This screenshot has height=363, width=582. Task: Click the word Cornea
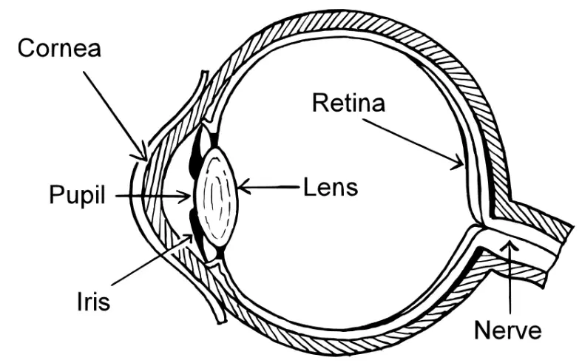click(x=59, y=48)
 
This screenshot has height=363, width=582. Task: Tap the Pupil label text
click(x=77, y=196)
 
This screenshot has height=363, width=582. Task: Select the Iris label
click(x=93, y=301)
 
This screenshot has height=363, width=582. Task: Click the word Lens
click(x=331, y=187)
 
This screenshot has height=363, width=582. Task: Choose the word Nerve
click(x=508, y=330)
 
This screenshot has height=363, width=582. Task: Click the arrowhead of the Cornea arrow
click(x=142, y=154)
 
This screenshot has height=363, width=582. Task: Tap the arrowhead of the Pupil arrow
click(x=184, y=196)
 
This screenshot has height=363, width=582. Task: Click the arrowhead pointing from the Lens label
click(x=243, y=187)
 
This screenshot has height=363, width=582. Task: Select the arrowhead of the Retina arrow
click(x=458, y=163)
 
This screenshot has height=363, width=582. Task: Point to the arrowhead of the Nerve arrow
click(x=510, y=245)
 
